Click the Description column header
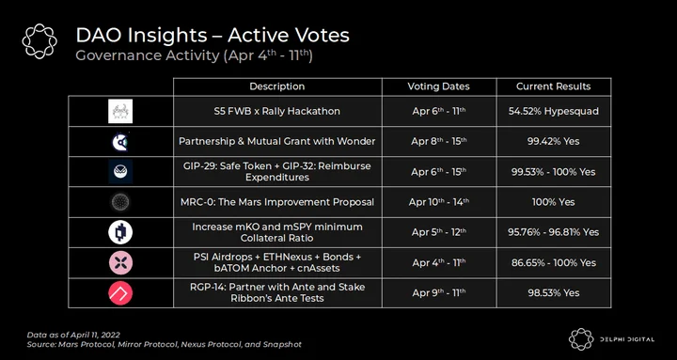pyautogui.click(x=277, y=86)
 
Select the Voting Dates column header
pyautogui.click(x=439, y=86)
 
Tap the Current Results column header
pyautogui.click(x=554, y=86)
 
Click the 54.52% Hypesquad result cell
pyautogui.click(x=554, y=111)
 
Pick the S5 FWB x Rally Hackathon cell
pyautogui.click(x=277, y=111)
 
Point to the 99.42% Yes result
pyautogui.click(x=554, y=142)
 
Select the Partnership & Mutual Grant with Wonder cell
pyautogui.click(x=277, y=142)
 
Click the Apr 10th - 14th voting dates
pyautogui.click(x=439, y=202)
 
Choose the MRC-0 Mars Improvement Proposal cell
pyautogui.click(x=277, y=202)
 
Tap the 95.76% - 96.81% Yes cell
pyautogui.click(x=554, y=232)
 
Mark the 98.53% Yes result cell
pyautogui.click(x=554, y=293)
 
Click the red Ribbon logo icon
pyautogui.click(x=120, y=293)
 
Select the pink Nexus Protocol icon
pyautogui.click(x=120, y=263)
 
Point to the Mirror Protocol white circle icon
pyautogui.click(x=120, y=232)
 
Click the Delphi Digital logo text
pyautogui.click(x=627, y=339)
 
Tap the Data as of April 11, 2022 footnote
pyautogui.click(x=73, y=335)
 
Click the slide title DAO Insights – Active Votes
pyautogui.click(x=213, y=36)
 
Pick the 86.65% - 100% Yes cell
pyautogui.click(x=554, y=263)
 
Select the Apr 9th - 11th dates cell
pyautogui.click(x=439, y=293)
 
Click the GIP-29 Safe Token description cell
pyautogui.click(x=277, y=172)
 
